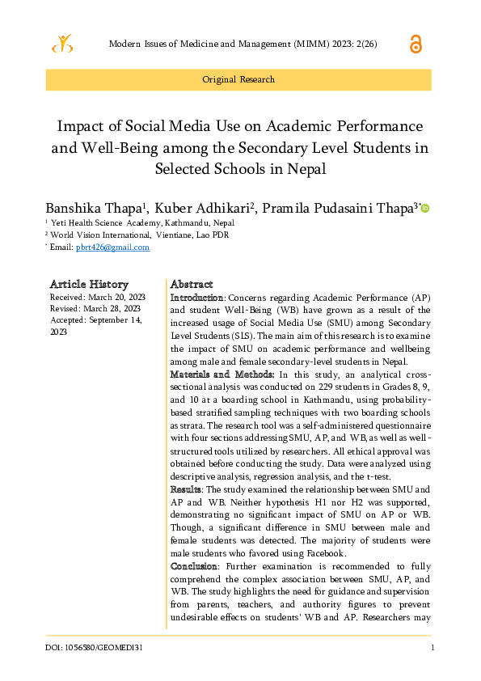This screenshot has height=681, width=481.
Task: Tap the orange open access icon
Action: (416, 44)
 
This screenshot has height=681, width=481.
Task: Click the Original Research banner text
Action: (238, 79)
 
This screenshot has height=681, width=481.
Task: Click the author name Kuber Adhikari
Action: (201, 208)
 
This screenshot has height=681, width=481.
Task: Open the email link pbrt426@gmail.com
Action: (112, 247)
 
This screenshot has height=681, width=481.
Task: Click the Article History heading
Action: (89, 284)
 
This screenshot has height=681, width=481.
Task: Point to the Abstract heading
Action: (192, 284)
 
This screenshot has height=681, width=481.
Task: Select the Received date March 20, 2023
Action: (98, 297)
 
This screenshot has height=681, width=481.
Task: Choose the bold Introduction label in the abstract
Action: (196, 298)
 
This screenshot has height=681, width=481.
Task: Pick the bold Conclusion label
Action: (194, 566)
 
